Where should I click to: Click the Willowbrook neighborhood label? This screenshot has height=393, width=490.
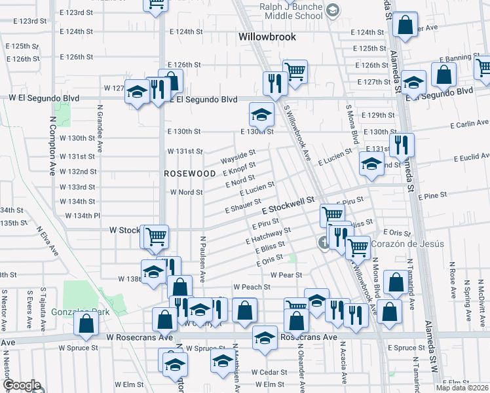tap(267, 37)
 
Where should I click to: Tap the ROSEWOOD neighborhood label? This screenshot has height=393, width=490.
tap(190, 174)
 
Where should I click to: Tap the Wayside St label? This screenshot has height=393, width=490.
tap(237, 158)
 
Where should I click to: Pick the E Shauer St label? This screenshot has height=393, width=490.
tap(244, 206)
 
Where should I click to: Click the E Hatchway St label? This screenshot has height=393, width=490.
tap(269, 236)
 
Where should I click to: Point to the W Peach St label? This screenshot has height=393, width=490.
tap(252, 287)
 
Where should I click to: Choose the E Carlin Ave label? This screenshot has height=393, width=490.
tap(469, 123)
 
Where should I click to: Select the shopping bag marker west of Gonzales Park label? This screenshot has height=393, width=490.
tap(86, 323)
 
